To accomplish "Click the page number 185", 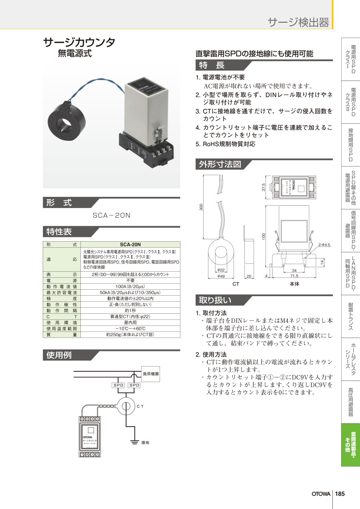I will click(340, 493).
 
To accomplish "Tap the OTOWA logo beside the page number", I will click(321, 493).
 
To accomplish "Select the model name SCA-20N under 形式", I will click(112, 216).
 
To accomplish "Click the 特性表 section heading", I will click(59, 232).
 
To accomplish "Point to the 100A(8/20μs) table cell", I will click(130, 287).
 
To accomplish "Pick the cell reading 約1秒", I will click(130, 311).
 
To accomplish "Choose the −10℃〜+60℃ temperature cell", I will click(130, 329).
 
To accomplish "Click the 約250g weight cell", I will click(130, 335).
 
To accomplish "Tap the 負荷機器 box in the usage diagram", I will click(151, 374).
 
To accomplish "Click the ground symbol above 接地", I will click(132, 442).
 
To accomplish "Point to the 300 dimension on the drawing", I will click(202, 207).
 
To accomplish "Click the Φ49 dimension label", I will click(220, 276).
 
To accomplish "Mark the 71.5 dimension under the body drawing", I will click(294, 276).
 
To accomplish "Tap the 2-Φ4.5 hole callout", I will click(324, 244).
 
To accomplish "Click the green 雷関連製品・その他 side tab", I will click(350, 445).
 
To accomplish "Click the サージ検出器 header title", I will click(298, 22).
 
